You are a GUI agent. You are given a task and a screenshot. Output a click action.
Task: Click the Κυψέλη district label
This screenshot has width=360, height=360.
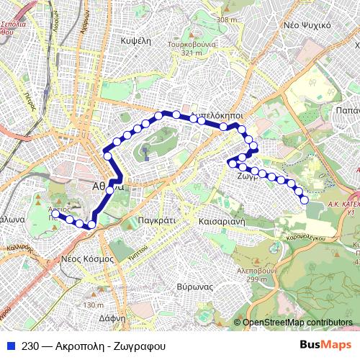click(140, 41)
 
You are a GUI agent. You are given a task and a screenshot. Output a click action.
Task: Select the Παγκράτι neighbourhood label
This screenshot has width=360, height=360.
click(156, 221)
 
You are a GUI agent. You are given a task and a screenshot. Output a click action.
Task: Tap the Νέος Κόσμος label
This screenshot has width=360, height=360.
click(87, 257)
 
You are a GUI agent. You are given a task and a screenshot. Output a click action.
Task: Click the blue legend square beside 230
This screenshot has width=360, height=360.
click(9, 345)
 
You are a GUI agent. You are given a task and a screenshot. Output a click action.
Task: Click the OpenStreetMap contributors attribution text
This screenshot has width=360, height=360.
click(297, 322)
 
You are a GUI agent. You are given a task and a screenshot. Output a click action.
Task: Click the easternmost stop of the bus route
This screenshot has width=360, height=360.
click(305, 199)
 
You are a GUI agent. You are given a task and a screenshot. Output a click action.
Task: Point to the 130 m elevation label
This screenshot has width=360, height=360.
click(94, 305)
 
